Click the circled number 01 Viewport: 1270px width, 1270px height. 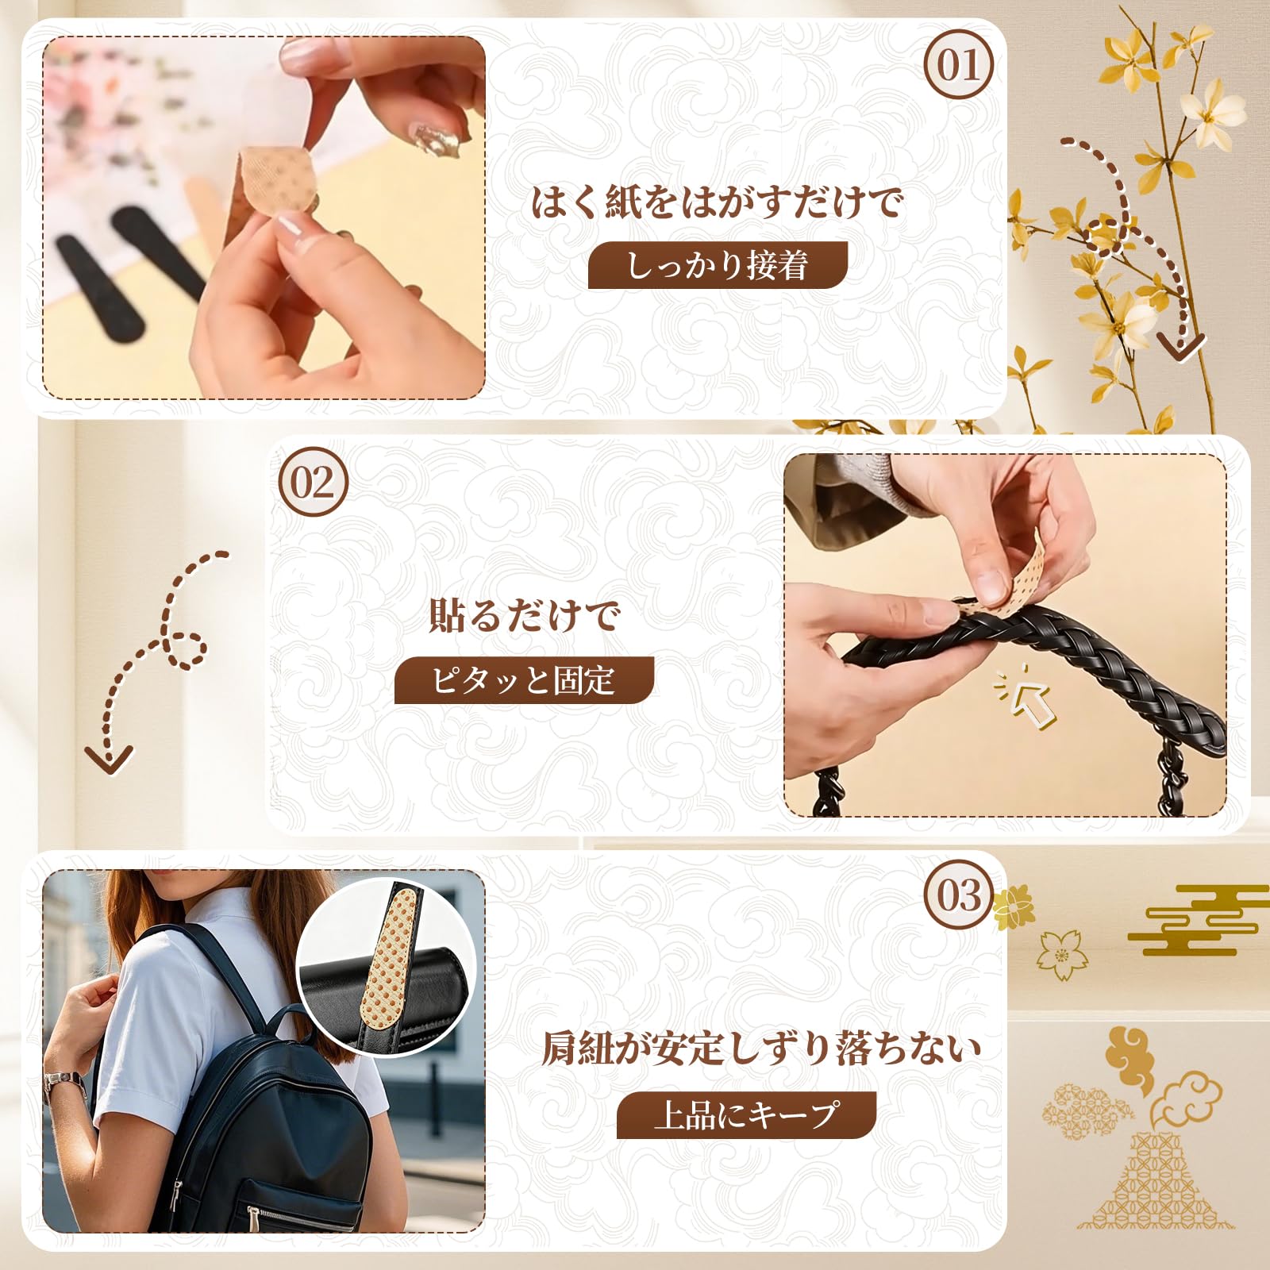(x=959, y=64)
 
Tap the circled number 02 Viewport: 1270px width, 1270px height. (x=313, y=482)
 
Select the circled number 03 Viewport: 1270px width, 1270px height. (x=959, y=895)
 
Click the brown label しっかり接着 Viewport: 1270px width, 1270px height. (x=718, y=265)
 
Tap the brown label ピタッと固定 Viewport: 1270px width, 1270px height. (x=524, y=680)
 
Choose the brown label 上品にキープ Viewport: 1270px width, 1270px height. (x=746, y=1114)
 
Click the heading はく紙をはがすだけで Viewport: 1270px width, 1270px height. (x=718, y=202)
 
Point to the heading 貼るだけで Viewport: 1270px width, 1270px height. (x=524, y=615)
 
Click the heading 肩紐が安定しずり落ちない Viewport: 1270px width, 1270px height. (x=761, y=1049)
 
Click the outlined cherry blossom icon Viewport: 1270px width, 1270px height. (x=1063, y=954)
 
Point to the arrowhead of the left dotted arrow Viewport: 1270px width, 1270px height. (x=109, y=760)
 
